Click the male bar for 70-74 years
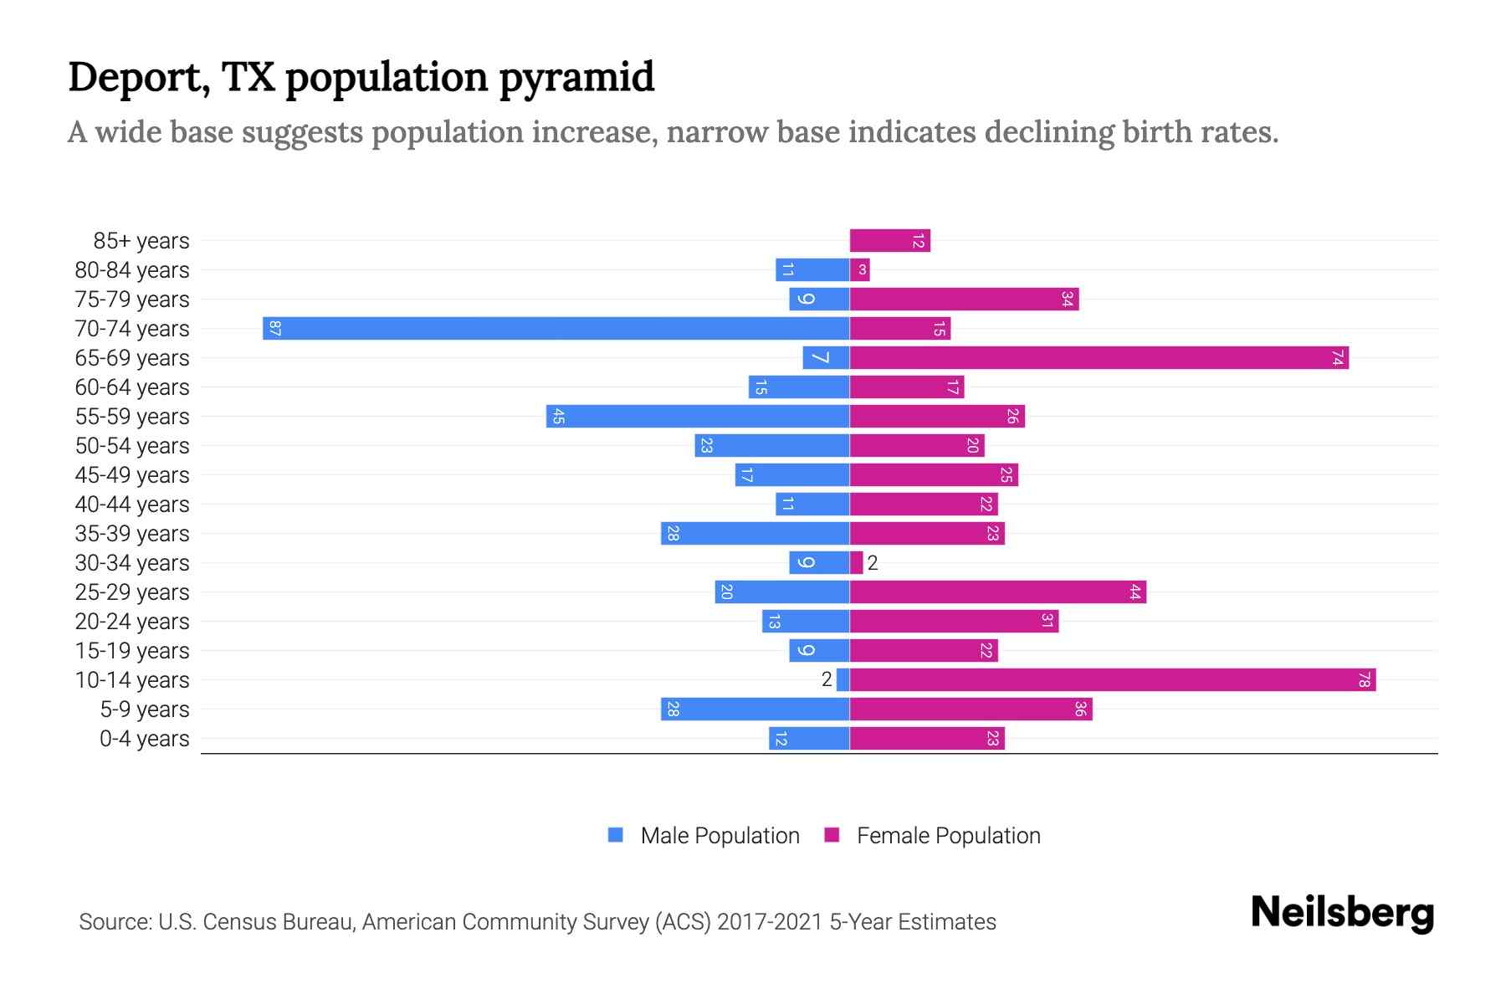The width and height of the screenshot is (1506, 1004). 556,328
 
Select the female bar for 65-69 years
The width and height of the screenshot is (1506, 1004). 1099,358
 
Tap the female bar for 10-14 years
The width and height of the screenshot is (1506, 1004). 1113,679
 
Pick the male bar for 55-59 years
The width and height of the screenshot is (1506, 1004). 698,416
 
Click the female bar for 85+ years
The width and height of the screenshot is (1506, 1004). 889,241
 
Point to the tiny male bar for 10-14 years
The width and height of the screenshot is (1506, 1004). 843,679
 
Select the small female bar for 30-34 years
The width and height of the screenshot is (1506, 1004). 856,562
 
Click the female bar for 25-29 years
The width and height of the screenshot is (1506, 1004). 997,592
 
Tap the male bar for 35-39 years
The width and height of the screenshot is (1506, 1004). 755,533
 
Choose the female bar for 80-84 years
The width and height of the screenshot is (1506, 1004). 860,269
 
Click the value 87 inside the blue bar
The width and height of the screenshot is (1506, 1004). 275,328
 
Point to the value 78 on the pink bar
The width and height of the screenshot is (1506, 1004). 1363,679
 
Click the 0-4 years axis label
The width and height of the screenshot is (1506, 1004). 144,739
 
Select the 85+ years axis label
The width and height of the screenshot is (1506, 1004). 141,241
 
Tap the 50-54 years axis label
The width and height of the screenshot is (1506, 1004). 132,446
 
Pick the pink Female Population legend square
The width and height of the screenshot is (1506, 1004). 832,835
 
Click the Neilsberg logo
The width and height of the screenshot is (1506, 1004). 1342,913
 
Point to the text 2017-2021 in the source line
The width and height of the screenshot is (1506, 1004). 769,922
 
